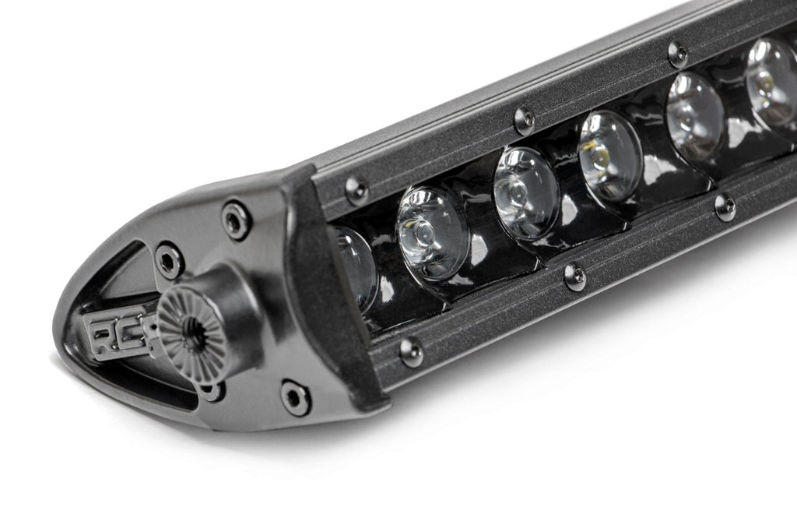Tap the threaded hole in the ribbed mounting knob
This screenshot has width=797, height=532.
(x=193, y=336)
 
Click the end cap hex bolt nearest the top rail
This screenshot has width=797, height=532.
(x=235, y=220)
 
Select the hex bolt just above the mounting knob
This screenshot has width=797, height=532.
(x=169, y=260)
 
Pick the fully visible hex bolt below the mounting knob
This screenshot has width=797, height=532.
(x=296, y=397)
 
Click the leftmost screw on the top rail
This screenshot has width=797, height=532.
(x=356, y=189)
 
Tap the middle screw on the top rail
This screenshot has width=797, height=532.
(x=525, y=119)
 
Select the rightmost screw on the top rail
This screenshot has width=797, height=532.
(x=677, y=54)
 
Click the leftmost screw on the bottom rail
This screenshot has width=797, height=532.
(x=411, y=351)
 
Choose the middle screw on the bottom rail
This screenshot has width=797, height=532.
(x=574, y=277)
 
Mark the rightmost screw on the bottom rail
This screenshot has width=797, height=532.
(x=725, y=207)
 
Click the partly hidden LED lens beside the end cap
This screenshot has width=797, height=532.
(x=356, y=267)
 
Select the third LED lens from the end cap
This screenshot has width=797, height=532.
(x=525, y=192)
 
